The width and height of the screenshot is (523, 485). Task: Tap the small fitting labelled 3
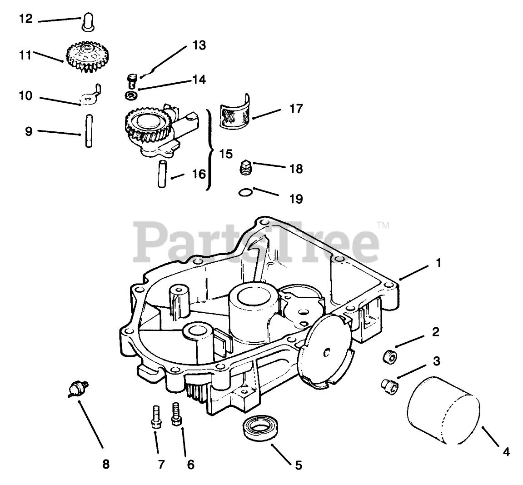[x=388, y=385]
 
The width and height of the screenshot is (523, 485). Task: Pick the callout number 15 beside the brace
[x=226, y=154]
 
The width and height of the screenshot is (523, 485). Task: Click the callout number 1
[x=438, y=263]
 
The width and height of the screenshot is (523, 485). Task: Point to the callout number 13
[x=199, y=45]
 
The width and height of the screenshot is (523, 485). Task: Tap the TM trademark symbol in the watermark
[x=383, y=225]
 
